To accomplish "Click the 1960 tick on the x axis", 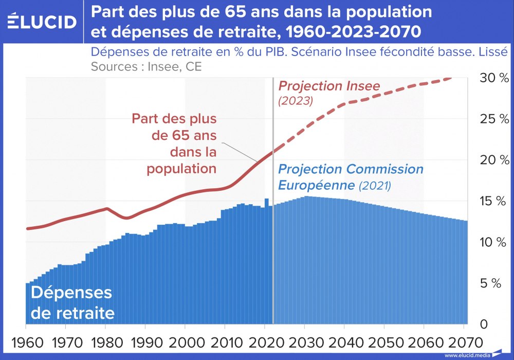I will [26, 342].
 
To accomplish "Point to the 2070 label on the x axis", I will [464, 342].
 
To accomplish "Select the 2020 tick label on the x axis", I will [265, 342].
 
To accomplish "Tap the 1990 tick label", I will [145, 342].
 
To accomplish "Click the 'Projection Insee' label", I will [329, 86].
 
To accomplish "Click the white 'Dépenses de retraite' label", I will [71, 302].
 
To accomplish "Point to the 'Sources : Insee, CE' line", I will [146, 66].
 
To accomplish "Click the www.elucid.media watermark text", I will [467, 355].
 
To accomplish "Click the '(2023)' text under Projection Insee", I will [295, 101].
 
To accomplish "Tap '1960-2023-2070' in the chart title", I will [353, 32].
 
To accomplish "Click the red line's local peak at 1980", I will [106, 208].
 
